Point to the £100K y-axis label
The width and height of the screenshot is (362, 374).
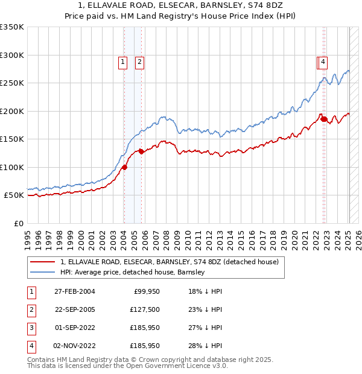point(12,167)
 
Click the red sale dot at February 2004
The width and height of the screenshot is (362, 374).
point(124,168)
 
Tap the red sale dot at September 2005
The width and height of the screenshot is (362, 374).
point(141,152)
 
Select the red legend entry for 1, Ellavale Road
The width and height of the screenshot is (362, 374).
point(169,262)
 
